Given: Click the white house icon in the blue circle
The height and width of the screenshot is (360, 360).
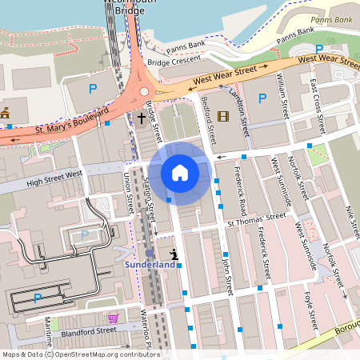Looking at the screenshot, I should coord(179,172).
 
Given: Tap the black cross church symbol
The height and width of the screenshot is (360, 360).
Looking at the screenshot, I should coord(141,119).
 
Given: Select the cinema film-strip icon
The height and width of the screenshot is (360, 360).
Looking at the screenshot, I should coord(222,117).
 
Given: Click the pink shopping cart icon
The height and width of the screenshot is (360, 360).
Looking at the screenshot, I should coord(113,318).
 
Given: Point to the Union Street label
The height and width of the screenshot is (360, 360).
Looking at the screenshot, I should coord(128,193).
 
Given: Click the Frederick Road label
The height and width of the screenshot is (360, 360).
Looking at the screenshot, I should coord(240,192).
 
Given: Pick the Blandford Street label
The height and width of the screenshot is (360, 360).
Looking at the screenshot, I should coord(88,330).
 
